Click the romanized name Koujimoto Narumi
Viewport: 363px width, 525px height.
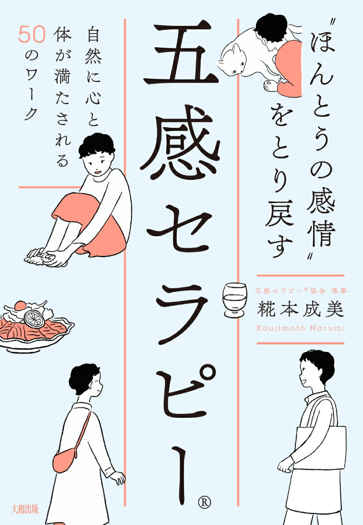300,328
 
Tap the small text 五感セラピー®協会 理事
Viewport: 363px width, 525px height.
300,291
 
